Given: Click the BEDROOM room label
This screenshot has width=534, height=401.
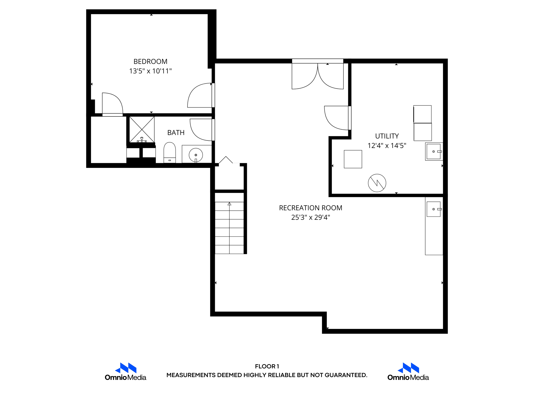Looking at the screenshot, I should pyautogui.click(x=150, y=62).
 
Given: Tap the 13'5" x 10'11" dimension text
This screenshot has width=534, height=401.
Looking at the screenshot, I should pyautogui.click(x=150, y=71).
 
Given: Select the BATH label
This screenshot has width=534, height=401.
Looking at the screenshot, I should pyautogui.click(x=176, y=133).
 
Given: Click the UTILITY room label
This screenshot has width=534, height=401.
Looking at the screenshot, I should pyautogui.click(x=387, y=136).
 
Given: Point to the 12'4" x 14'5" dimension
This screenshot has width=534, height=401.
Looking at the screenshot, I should pyautogui.click(x=387, y=146).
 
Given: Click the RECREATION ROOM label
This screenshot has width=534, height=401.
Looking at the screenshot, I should pyautogui.click(x=310, y=208).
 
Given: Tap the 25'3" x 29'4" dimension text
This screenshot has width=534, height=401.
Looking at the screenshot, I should pyautogui.click(x=310, y=217).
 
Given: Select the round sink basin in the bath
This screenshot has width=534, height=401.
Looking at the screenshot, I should pyautogui.click(x=196, y=155).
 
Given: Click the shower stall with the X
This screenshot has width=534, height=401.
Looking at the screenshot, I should pyautogui.click(x=142, y=129).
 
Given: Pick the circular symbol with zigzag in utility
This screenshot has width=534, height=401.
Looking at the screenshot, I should pyautogui.click(x=377, y=183).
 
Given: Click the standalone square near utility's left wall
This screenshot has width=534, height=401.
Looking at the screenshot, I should pyautogui.click(x=353, y=159).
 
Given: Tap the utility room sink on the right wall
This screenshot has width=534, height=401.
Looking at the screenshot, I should pyautogui.click(x=434, y=151).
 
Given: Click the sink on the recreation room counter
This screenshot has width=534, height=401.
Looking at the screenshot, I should pyautogui.click(x=434, y=209).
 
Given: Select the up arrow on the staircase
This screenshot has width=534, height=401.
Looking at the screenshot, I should pyautogui.click(x=229, y=204).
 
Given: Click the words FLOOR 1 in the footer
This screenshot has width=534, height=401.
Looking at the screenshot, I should pyautogui.click(x=267, y=366).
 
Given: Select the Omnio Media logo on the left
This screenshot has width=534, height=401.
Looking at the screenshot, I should pyautogui.click(x=125, y=371).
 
